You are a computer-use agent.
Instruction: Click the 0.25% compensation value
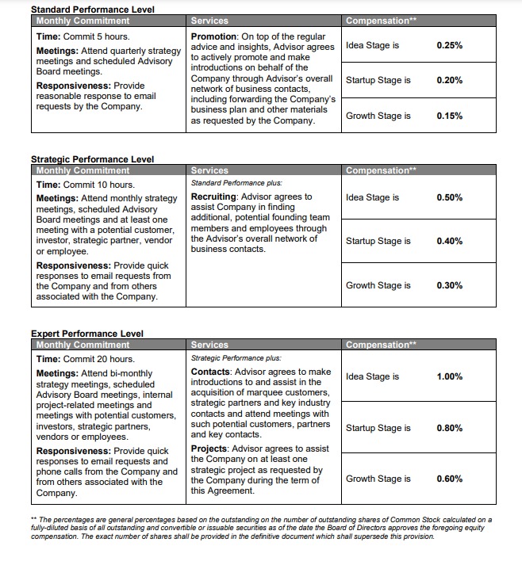449,45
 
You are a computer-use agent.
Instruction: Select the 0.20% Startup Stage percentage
449,80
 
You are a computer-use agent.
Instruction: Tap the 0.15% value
449,116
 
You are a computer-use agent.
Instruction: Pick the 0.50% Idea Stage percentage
449,197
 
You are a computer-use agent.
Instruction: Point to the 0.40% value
449,241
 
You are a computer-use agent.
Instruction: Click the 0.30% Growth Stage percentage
449,285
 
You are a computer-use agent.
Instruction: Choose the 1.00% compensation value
449,376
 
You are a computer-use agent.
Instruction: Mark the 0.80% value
449,428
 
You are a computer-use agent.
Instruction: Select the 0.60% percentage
449,479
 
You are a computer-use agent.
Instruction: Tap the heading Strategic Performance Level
92,159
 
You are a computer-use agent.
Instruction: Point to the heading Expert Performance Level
86,334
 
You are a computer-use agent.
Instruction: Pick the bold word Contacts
211,372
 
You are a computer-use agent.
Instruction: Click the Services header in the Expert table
209,345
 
